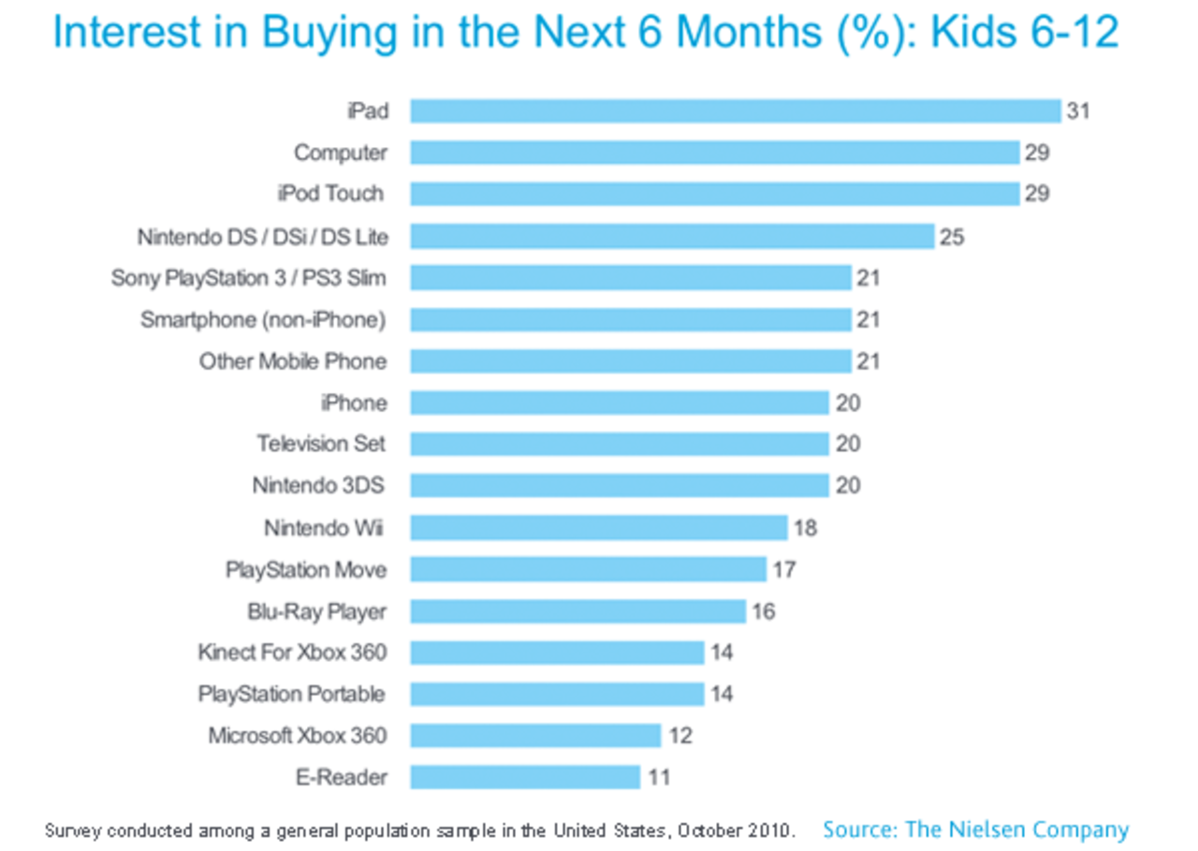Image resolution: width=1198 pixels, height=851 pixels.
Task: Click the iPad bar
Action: (735, 110)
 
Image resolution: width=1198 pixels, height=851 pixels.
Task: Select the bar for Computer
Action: (714, 153)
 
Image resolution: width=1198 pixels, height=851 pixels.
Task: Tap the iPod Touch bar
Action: (714, 194)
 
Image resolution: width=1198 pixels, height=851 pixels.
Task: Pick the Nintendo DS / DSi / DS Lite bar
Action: (672, 236)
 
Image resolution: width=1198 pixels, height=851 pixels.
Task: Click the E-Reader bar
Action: (525, 777)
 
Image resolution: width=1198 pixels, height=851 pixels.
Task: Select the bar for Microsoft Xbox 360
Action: (535, 736)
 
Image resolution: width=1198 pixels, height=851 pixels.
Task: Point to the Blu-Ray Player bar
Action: (577, 611)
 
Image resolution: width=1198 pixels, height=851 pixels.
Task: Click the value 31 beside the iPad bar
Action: (1078, 111)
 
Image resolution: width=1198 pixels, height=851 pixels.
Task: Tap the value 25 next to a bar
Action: (951, 237)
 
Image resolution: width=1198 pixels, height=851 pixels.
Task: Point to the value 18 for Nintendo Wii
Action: (804, 528)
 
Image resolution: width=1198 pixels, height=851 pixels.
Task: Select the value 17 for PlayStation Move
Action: (783, 569)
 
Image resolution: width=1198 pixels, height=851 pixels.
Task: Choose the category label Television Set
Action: (321, 444)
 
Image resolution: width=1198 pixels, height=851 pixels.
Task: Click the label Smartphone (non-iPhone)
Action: (263, 320)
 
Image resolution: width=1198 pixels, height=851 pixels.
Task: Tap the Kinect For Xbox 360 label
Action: (292, 653)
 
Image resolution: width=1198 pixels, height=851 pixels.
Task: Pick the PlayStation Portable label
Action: (292, 694)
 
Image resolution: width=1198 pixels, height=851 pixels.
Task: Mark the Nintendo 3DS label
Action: (318, 486)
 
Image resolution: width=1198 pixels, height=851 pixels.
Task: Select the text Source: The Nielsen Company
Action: (975, 829)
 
